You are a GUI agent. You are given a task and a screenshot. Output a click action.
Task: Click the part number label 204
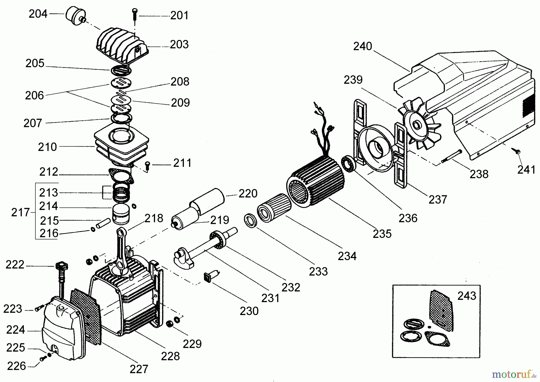point(38,14)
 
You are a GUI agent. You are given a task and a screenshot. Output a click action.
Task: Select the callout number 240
point(362,46)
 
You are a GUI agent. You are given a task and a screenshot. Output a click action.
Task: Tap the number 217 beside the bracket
point(20,212)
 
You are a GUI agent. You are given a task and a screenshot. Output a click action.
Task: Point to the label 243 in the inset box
point(467,296)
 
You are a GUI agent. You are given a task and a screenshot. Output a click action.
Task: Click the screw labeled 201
point(134,13)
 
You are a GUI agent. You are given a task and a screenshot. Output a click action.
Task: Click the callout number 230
point(249,311)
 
